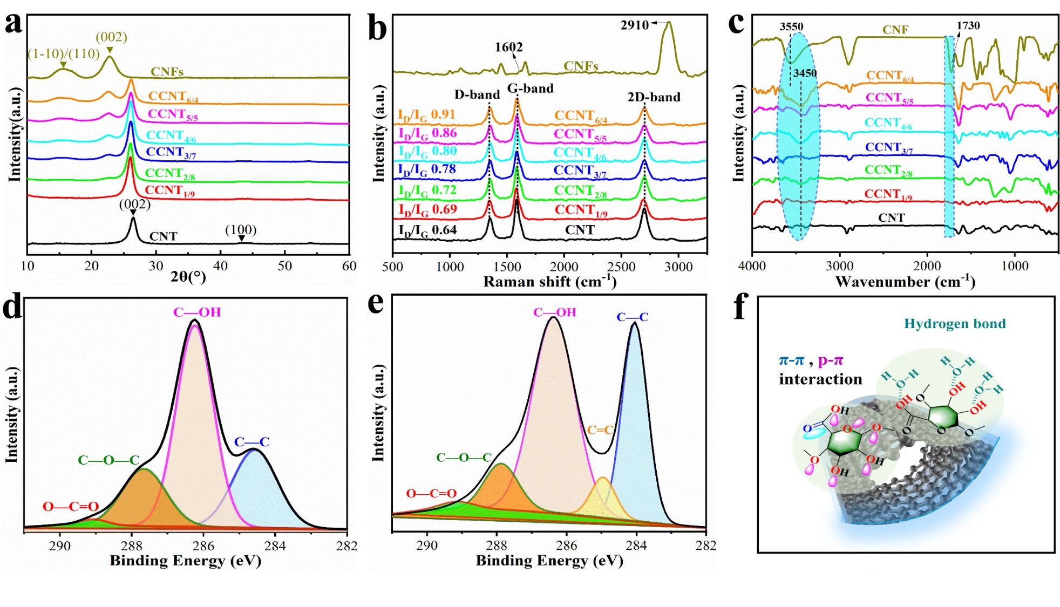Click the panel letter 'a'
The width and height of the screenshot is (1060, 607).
13,24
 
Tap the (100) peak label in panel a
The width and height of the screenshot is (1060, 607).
241,230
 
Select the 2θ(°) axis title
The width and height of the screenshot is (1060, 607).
188,277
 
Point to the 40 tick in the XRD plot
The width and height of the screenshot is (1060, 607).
220,266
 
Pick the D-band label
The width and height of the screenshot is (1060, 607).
477,95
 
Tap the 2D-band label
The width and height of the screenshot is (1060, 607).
654,97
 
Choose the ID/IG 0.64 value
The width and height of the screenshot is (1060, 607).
427,230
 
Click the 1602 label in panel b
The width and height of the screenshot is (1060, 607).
508,47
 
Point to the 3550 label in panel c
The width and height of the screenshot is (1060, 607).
791,26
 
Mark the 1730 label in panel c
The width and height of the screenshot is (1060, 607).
968,25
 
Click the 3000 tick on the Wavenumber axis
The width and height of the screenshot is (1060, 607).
840,266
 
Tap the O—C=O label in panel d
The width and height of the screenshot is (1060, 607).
71,507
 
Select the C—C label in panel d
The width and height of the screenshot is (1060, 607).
252,442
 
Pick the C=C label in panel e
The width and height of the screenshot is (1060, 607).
600,430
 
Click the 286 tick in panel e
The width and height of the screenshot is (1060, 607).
567,545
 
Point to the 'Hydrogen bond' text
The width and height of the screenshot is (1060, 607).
955,324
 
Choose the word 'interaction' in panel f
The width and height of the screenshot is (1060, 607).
820,379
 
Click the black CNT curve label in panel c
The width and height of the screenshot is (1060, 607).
891,218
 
